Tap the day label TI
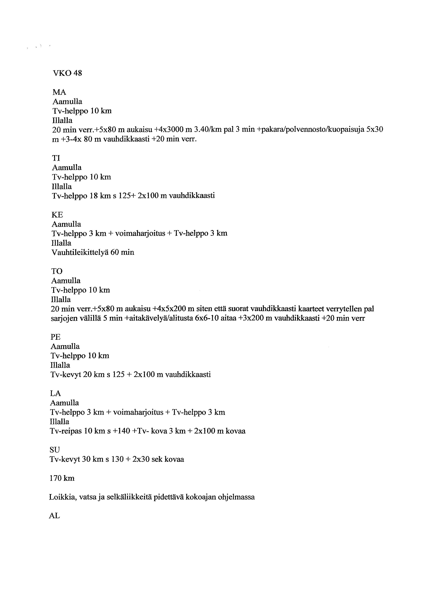tap(56, 158)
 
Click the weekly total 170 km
tap(62, 478)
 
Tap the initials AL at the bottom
tap(54, 516)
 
